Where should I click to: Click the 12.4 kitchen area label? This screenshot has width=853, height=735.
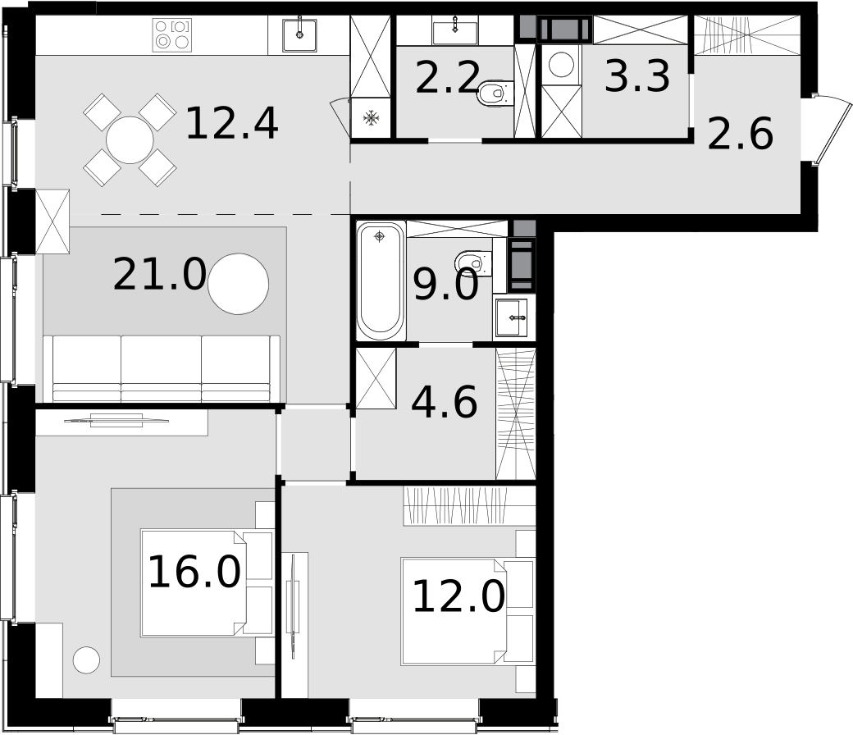click(x=232, y=125)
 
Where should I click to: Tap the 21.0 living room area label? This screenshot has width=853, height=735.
click(x=159, y=275)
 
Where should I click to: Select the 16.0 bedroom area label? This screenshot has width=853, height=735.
click(x=194, y=572)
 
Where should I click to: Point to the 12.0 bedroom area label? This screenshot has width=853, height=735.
click(x=458, y=596)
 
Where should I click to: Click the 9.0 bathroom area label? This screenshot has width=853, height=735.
click(x=446, y=285)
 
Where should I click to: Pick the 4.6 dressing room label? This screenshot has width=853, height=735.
click(x=445, y=402)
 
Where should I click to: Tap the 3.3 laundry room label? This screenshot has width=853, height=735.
click(x=637, y=77)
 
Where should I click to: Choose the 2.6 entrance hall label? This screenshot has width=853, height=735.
click(x=741, y=134)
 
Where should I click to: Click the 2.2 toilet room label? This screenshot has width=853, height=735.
click(x=447, y=78)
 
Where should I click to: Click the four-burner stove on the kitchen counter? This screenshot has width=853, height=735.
click(x=172, y=34)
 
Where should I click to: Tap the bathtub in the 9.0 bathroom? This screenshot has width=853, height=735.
click(x=381, y=281)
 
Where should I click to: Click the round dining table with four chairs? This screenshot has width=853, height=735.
click(x=130, y=140)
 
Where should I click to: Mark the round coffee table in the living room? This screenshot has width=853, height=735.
click(x=239, y=284)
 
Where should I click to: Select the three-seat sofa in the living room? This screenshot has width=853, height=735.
click(x=162, y=368)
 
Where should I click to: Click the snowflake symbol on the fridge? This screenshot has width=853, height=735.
click(x=371, y=117)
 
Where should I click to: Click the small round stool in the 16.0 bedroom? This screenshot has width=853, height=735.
click(x=86, y=660)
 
